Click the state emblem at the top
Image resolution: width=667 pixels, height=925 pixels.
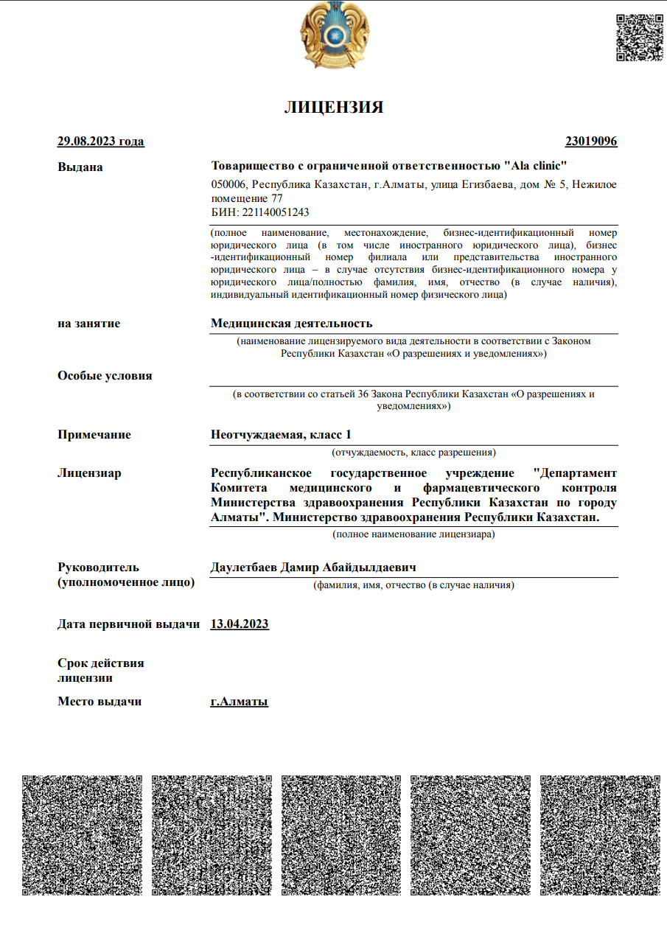click(x=334, y=35)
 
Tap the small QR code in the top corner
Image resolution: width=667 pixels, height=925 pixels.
click(x=639, y=37)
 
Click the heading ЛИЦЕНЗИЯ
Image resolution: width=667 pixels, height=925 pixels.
click(x=334, y=108)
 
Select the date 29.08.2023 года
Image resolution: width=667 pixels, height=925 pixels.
click(x=101, y=142)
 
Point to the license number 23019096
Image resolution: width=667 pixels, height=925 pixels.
click(x=591, y=142)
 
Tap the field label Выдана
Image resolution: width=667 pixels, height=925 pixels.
click(x=80, y=167)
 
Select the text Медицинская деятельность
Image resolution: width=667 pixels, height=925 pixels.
click(x=292, y=323)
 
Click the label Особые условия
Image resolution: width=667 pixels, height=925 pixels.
click(x=105, y=375)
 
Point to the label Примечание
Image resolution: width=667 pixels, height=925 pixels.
click(x=94, y=434)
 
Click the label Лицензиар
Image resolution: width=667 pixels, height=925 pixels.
click(x=89, y=472)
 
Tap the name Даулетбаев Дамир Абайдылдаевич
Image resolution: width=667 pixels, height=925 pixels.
click(x=314, y=568)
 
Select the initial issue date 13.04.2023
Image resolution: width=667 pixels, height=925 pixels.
click(x=240, y=624)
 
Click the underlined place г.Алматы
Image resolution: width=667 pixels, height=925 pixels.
click(x=240, y=702)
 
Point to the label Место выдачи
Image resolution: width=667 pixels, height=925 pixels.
click(x=99, y=702)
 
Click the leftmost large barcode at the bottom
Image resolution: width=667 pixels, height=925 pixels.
click(x=82, y=835)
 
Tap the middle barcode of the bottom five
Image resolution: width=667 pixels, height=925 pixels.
click(x=341, y=835)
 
